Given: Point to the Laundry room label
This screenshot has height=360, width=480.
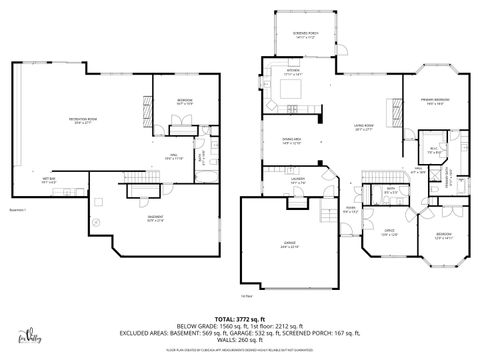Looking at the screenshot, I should tap(296, 181).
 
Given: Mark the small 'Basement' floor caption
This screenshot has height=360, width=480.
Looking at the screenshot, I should tap(17, 211).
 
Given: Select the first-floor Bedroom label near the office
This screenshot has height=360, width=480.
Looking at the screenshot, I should tap(442, 236).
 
